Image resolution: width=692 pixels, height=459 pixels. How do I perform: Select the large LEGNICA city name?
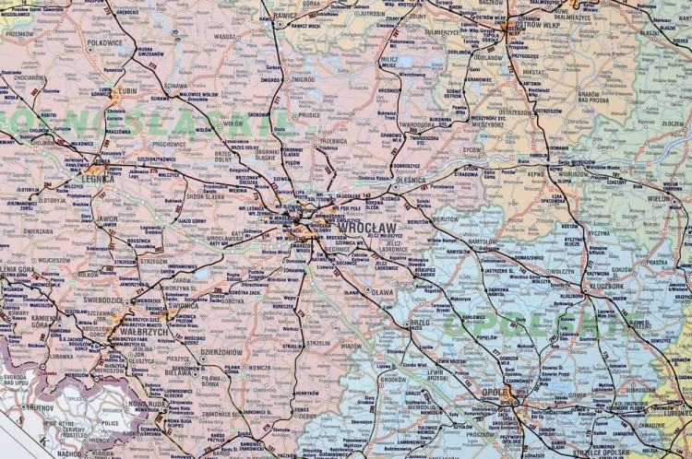click(x=97, y=179)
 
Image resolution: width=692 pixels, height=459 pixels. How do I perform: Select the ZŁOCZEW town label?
click(x=674, y=123)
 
